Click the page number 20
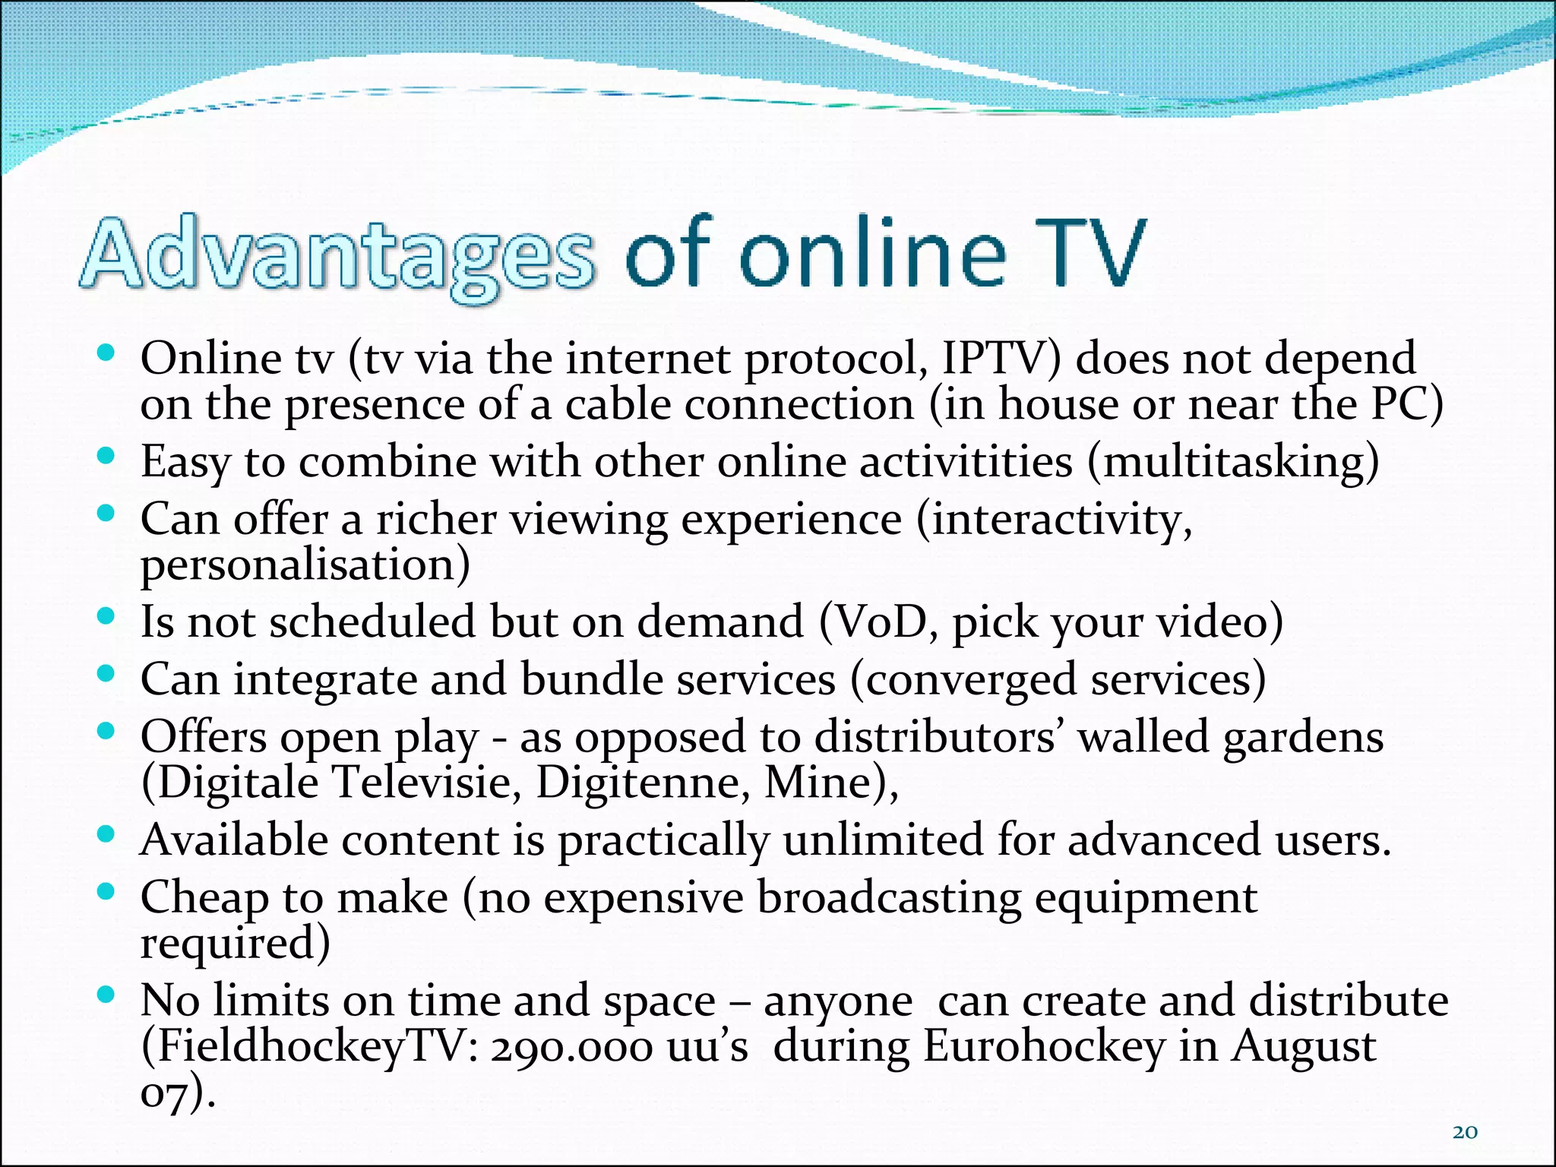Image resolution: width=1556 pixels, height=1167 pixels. click(x=1465, y=1132)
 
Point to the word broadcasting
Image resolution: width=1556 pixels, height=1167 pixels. click(x=889, y=897)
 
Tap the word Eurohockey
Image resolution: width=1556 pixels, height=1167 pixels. click(x=1044, y=1046)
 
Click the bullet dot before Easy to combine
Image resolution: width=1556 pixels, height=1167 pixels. click(x=106, y=455)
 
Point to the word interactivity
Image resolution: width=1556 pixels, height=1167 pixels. click(x=1055, y=520)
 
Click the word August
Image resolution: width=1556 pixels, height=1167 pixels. click(x=1302, y=1046)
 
